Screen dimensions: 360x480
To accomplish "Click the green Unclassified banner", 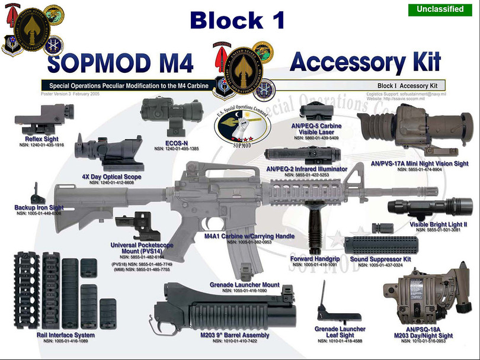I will pyautogui.click(x=440, y=9).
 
